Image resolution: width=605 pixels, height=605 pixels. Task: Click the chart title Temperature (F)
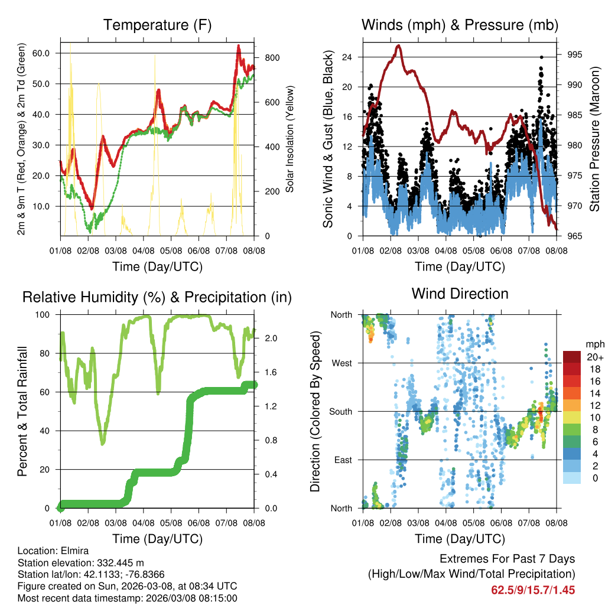[157, 25]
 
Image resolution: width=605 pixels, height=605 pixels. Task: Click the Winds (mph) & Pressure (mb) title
[460, 25]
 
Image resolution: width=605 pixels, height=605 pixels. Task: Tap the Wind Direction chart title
[460, 293]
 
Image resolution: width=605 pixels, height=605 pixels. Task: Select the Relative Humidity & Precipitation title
[157, 297]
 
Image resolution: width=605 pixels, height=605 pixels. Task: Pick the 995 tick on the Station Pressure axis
[575, 55]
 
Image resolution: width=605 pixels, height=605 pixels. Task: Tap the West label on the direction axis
[341, 363]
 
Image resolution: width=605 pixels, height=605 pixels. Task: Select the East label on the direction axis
[342, 460]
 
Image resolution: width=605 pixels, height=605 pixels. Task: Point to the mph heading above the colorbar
[594, 344]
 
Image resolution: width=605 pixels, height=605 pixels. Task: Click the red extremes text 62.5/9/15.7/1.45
[533, 590]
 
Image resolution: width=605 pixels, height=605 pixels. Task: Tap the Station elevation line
[81, 562]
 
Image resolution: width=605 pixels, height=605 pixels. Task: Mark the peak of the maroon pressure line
[398, 45]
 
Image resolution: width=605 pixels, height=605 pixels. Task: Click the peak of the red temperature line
[239, 45]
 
